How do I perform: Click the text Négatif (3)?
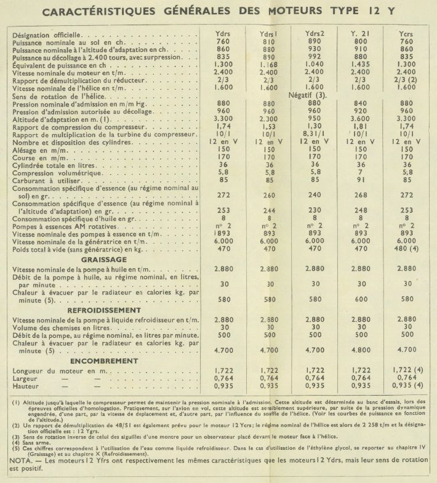(x=315, y=97)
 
